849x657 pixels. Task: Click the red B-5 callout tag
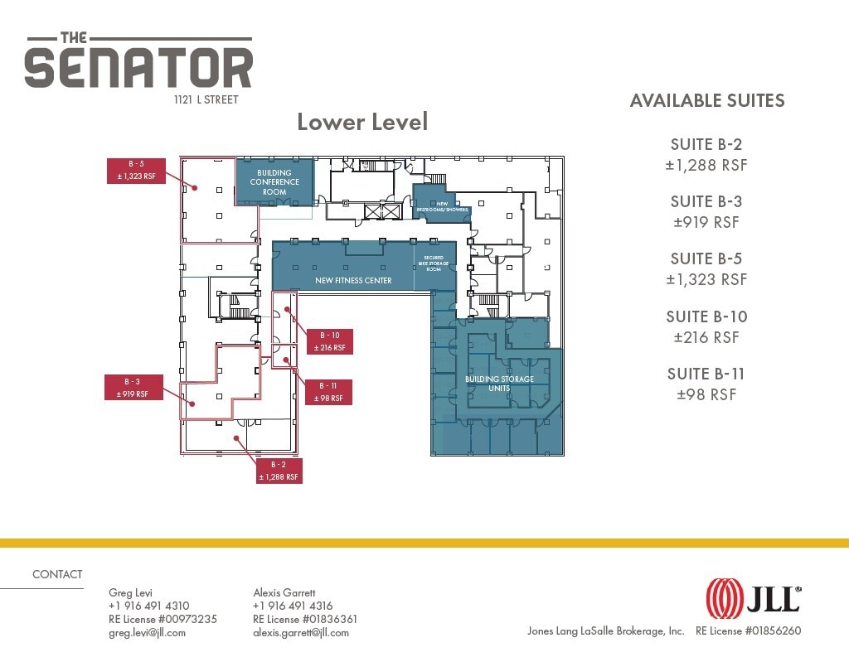click(x=136, y=171)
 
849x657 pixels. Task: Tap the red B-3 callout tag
click(x=133, y=388)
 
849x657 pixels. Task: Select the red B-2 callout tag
click(x=279, y=471)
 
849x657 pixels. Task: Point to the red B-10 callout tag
click(x=330, y=341)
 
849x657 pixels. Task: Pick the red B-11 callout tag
click(x=328, y=392)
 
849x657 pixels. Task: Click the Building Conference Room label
click(x=274, y=182)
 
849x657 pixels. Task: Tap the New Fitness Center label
click(x=353, y=280)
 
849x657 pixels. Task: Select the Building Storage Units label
click(x=499, y=383)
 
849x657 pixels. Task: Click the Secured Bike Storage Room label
click(x=434, y=263)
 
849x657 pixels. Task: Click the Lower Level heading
click(x=363, y=122)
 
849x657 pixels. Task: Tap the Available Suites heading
click(x=707, y=100)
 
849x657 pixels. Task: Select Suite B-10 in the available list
click(x=706, y=316)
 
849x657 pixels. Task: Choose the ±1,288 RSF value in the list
click(x=706, y=165)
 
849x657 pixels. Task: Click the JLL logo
click(x=753, y=598)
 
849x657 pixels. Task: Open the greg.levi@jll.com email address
click(x=148, y=633)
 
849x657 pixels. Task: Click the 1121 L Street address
click(x=206, y=99)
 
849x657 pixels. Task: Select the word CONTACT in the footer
click(x=57, y=574)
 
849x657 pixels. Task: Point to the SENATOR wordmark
click(x=138, y=68)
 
